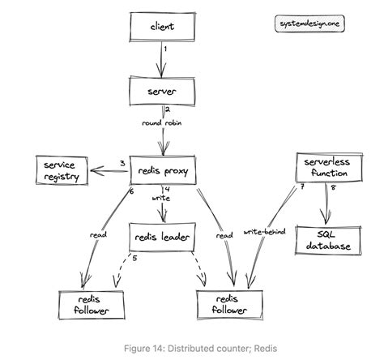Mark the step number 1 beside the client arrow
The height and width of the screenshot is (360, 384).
tap(165, 49)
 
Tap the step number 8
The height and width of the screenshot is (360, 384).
tap(332, 189)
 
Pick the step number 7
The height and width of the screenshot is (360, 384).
tap(301, 189)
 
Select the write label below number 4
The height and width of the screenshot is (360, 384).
tap(160, 197)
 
